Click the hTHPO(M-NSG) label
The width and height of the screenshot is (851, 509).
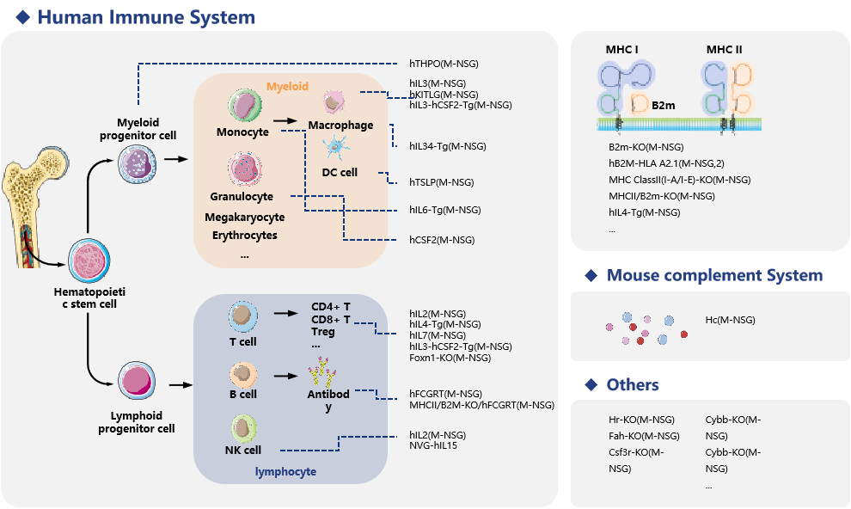(x=444, y=64)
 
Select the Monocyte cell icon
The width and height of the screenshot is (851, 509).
(x=244, y=107)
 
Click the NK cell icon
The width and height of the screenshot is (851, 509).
(x=244, y=428)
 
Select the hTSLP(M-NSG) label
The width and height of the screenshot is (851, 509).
(x=441, y=182)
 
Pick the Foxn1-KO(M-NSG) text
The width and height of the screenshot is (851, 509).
(x=450, y=358)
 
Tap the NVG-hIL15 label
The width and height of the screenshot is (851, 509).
(x=432, y=446)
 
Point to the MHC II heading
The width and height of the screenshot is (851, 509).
(x=724, y=49)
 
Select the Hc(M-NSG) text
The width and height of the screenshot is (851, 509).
(x=730, y=320)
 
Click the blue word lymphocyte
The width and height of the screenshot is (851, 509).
(x=285, y=471)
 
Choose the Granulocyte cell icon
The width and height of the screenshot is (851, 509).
(x=244, y=169)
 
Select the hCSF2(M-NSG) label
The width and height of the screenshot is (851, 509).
(x=442, y=240)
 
